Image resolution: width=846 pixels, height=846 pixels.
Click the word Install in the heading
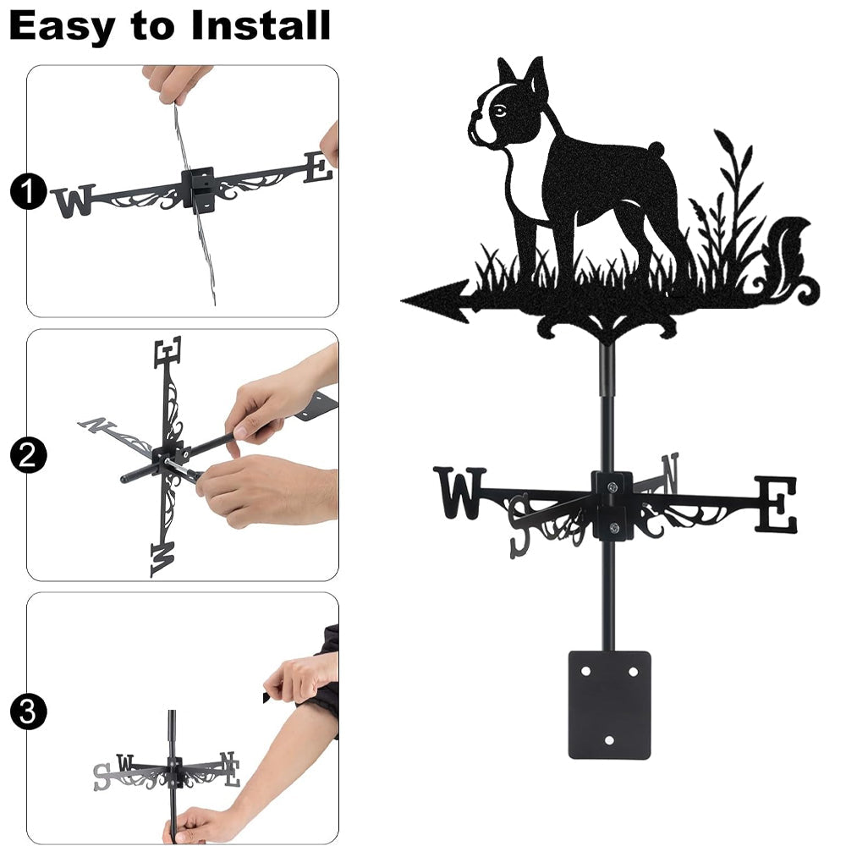click(260, 25)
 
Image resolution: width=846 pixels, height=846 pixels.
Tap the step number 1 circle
click(28, 191)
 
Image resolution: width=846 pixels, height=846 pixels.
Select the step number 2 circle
click(28, 455)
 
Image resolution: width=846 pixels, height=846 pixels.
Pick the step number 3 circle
click(28, 711)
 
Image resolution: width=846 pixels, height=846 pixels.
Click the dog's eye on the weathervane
click(500, 111)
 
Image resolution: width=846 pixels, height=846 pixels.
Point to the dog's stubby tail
click(656, 148)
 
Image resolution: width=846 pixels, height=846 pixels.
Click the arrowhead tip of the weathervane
click(402, 300)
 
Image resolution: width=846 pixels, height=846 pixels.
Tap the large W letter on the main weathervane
click(459, 492)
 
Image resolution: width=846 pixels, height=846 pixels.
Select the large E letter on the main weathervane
click(775, 504)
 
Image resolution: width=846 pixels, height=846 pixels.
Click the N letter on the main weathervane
click(669, 473)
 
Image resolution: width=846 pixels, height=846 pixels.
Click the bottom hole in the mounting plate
click(609, 740)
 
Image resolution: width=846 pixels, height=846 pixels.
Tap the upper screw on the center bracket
click(612, 487)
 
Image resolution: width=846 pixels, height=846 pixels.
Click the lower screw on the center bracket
click(613, 527)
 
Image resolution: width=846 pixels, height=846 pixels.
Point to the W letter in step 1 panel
click(74, 201)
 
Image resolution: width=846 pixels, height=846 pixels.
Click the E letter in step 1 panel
click(318, 167)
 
